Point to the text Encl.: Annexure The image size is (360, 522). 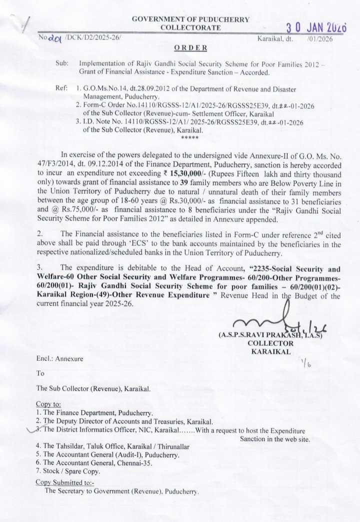coord(59,358)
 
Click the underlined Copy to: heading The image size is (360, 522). coord(48,404)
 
